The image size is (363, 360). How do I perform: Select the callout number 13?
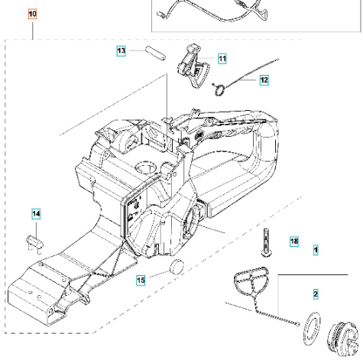tap(122, 50)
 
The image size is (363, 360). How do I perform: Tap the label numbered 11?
tap(222, 58)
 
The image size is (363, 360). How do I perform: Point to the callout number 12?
tap(264, 79)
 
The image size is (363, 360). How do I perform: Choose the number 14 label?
tap(36, 213)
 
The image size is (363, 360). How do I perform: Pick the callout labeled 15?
tap(140, 280)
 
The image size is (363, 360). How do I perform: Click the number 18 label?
tap(294, 242)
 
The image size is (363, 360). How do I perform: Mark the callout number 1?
tap(316, 249)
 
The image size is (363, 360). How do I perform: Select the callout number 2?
tap(316, 294)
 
